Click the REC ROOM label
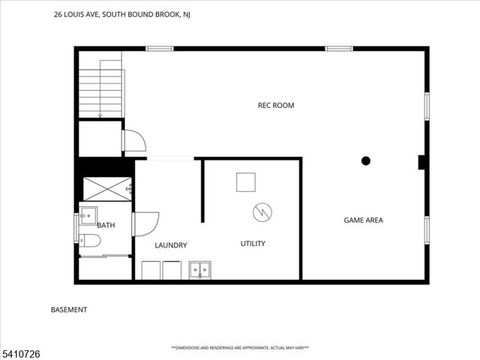(276, 106)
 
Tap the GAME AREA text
(363, 220)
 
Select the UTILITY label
(252, 244)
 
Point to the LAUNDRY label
(170, 245)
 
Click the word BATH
(106, 225)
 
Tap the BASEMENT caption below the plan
(69, 310)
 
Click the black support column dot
(366, 160)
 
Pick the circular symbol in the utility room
(262, 212)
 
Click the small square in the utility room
(246, 182)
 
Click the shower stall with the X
(106, 189)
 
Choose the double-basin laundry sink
(199, 269)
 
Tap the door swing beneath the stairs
(134, 141)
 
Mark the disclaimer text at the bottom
(240, 348)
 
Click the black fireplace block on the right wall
(422, 163)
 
